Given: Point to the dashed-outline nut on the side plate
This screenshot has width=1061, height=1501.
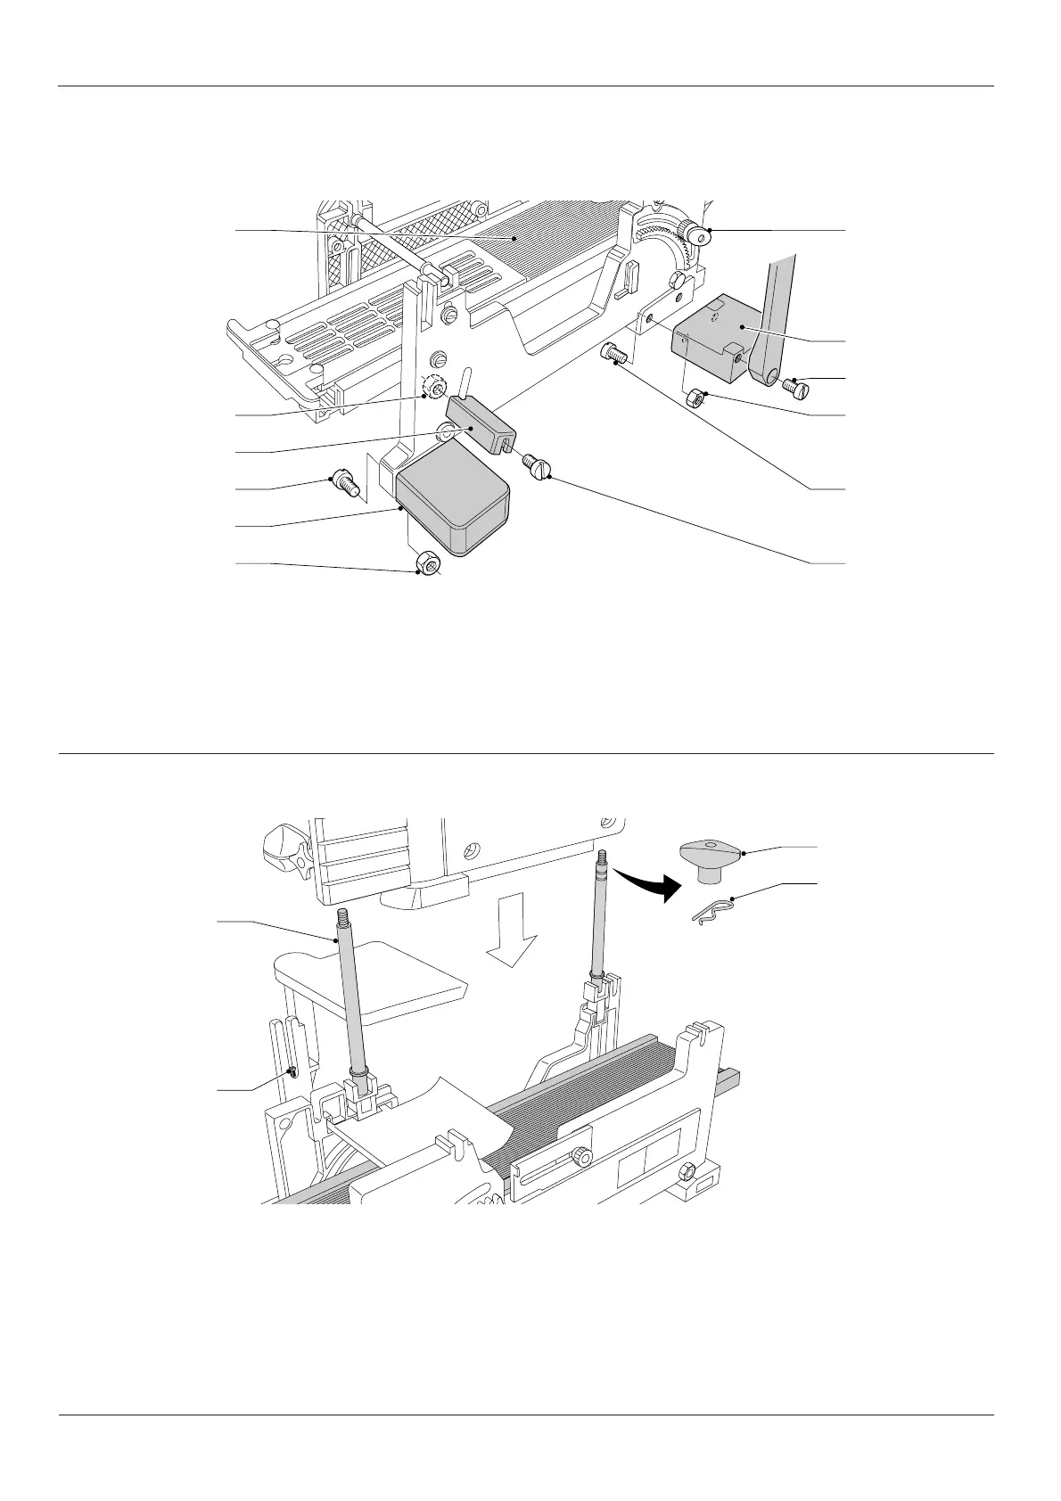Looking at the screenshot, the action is point(434,389).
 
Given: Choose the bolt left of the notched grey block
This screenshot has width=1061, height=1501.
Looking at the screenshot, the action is point(613,354).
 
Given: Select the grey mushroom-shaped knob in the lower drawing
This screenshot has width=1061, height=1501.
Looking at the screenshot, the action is point(711,857).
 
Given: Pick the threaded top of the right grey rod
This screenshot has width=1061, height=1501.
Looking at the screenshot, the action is point(604,860).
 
